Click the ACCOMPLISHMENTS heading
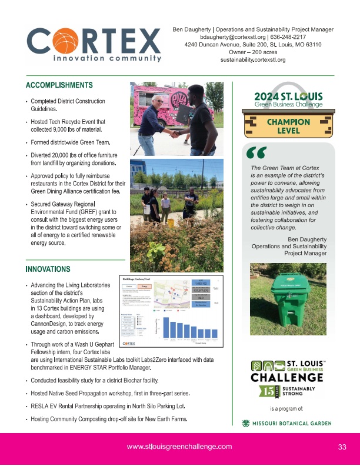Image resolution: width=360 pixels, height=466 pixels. [59, 85]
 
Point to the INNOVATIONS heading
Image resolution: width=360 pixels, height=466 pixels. [48, 269]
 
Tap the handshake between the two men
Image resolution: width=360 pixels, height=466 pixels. [175, 133]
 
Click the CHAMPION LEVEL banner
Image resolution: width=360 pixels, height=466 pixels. [288, 126]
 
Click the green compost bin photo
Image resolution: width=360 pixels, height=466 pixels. [288, 297]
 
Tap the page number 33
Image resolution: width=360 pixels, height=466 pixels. [342, 447]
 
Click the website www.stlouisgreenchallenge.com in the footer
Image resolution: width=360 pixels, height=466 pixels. [179, 447]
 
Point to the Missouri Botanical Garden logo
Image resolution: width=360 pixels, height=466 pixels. [288, 423]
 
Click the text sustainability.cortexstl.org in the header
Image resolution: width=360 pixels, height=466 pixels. [253, 59]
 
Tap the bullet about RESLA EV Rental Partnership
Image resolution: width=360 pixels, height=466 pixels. [108, 406]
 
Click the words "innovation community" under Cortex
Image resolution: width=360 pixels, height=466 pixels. [107, 59]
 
